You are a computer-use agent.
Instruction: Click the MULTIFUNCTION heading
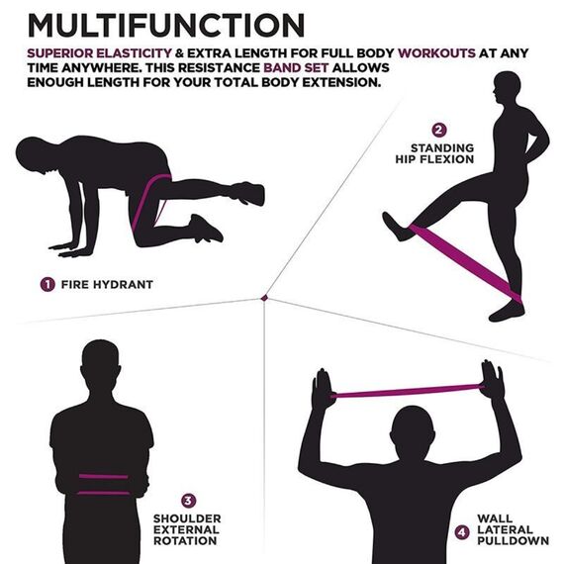click(x=164, y=24)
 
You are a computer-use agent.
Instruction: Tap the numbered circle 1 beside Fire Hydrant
click(x=47, y=284)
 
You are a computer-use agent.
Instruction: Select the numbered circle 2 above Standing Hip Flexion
click(x=439, y=130)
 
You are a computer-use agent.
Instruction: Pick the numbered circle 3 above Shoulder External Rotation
click(x=189, y=501)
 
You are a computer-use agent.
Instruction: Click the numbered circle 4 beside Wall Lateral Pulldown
click(x=461, y=531)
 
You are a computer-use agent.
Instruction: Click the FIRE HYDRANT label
click(x=107, y=284)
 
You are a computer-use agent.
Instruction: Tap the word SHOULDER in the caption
click(x=185, y=517)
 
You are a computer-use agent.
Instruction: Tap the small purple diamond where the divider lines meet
click(x=264, y=296)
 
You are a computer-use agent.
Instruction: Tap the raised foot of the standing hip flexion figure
click(x=397, y=227)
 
